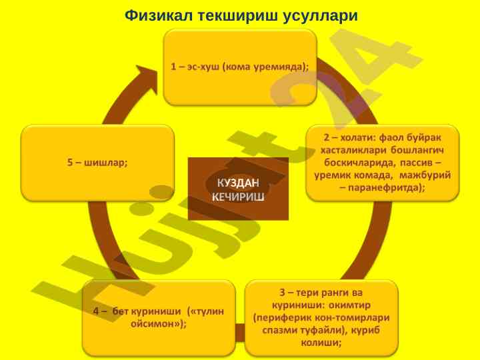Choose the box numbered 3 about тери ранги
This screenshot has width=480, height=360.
coord(321,317)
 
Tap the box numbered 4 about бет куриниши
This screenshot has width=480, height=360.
coord(159,317)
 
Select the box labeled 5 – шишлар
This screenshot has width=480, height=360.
coord(98,162)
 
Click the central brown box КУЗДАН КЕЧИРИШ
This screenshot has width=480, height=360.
coord(238,189)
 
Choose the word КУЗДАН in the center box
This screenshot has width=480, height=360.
coord(238,182)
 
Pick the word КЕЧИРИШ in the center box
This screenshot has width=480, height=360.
coord(238,197)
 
